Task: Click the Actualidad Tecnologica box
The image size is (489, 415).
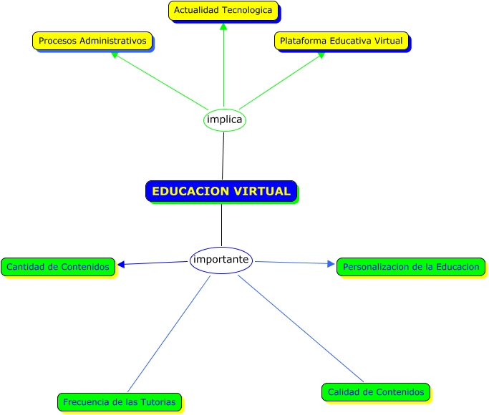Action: click(223, 11)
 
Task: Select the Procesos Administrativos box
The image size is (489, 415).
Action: click(92, 41)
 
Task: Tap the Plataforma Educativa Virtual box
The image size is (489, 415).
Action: click(341, 41)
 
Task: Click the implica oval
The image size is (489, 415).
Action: click(224, 119)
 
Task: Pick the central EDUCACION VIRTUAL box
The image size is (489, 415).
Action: click(221, 191)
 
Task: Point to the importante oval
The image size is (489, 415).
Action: click(221, 260)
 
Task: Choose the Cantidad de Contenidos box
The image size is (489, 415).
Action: click(58, 267)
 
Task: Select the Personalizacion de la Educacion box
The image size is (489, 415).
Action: click(411, 267)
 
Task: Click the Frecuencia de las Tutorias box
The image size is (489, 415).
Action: click(119, 402)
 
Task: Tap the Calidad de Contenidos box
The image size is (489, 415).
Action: click(376, 392)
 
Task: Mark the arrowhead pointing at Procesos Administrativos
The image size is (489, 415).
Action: click(114, 54)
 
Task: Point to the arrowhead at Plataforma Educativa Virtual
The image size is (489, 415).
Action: click(321, 54)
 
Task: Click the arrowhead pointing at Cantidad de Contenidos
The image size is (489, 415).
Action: click(121, 265)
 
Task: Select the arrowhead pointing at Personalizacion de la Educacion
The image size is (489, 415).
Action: click(331, 264)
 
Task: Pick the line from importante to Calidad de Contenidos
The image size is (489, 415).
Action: click(301, 328)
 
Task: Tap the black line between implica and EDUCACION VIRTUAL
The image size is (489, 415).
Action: click(223, 156)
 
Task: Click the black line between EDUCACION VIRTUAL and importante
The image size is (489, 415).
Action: click(221, 225)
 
